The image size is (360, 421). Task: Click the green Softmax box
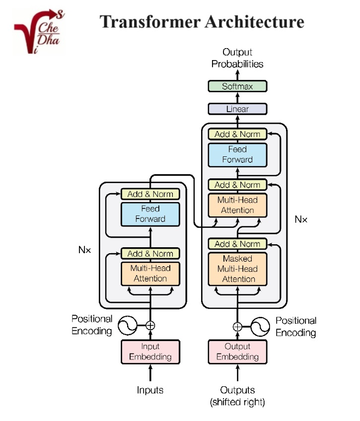[237, 86]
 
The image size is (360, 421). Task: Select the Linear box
[237, 109]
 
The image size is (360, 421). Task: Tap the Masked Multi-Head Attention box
[237, 269]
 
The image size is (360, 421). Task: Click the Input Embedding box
[150, 351]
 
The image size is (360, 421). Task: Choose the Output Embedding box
[237, 351]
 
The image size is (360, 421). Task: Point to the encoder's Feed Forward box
[150, 214]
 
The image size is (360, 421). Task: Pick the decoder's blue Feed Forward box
[237, 154]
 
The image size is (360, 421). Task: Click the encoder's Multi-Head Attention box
[150, 273]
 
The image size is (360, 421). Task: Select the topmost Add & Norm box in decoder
[237, 134]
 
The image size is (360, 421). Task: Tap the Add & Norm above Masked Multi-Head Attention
[237, 244]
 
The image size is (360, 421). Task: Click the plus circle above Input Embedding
[150, 326]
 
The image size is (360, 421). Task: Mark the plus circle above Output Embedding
[237, 326]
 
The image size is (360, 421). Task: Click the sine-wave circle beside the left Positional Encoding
[126, 326]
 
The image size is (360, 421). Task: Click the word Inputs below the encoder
[150, 390]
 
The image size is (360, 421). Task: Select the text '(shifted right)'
[237, 402]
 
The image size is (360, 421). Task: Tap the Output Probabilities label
[237, 58]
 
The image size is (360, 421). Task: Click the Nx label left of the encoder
[85, 250]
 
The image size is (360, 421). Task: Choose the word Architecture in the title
[248, 22]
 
